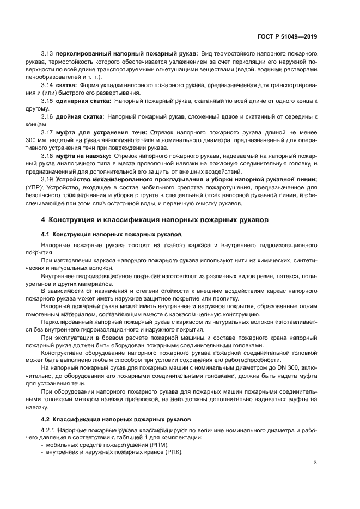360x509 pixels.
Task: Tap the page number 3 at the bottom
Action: pos(315,463)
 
